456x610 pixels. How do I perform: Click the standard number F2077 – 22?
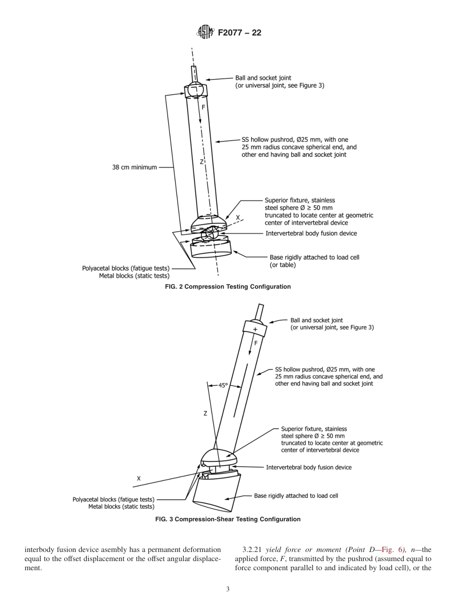point(240,33)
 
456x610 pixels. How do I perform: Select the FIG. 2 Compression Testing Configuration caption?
point(228,287)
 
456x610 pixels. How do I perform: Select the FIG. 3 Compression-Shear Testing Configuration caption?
point(228,519)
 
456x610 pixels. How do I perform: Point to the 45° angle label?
point(223,385)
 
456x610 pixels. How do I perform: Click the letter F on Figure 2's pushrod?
point(204,108)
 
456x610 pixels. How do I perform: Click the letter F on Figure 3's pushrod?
point(256,343)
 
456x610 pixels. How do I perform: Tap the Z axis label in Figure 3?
point(205,413)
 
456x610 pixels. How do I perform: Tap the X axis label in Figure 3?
point(139,479)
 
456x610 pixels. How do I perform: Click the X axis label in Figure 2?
point(237,217)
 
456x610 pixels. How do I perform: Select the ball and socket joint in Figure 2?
point(196,90)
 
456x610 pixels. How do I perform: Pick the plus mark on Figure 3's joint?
point(255,329)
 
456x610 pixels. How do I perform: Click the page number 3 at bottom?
point(228,589)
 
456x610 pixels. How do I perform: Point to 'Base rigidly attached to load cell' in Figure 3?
point(296,496)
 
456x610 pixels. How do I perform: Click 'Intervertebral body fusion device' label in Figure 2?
point(311,233)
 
